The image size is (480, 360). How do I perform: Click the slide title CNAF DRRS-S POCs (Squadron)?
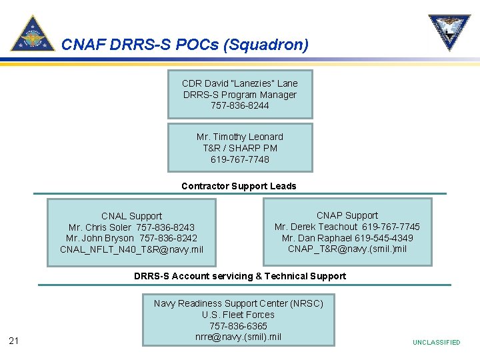tap(185, 45)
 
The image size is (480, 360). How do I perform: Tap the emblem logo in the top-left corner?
tap(32, 33)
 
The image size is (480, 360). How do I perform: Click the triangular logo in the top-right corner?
tap(449, 32)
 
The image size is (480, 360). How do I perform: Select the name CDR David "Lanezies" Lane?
tap(239, 83)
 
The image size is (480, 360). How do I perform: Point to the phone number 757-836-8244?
tap(239, 105)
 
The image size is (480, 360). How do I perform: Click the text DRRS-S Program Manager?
tap(239, 95)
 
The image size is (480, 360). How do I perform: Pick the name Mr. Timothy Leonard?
tap(239, 137)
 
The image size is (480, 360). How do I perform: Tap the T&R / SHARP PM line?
tap(239, 148)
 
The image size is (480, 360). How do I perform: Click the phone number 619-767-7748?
tap(239, 159)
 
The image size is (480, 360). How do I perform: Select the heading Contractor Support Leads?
tap(239, 186)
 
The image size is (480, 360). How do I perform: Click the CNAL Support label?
tap(131, 216)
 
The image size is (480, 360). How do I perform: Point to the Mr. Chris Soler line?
tap(131, 227)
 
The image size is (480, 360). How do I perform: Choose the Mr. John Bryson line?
tap(131, 238)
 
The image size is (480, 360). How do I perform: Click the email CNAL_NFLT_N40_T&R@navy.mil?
tap(131, 249)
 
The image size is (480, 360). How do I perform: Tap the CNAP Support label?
tap(347, 215)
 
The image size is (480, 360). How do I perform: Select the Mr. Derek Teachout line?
tap(347, 227)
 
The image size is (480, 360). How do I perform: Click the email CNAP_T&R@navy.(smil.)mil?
tap(347, 249)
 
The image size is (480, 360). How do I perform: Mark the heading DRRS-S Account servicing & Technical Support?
tap(240, 276)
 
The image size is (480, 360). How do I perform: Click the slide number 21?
tap(14, 342)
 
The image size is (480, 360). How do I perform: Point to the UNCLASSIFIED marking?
tap(436, 342)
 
